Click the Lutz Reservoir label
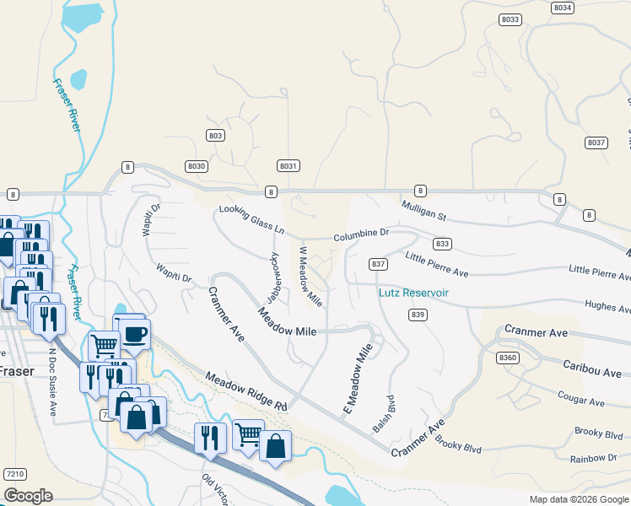(x=413, y=293)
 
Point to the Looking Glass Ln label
(x=252, y=219)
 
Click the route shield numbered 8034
(x=563, y=7)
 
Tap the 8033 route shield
(x=510, y=19)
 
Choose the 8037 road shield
(x=596, y=143)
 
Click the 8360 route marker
(x=508, y=358)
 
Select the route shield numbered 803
(x=215, y=136)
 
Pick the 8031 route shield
(x=289, y=166)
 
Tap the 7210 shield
(x=14, y=474)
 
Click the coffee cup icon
(x=134, y=333)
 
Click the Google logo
(x=28, y=496)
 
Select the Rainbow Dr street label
(x=593, y=458)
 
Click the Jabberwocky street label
(x=274, y=277)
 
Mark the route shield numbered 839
(x=418, y=314)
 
